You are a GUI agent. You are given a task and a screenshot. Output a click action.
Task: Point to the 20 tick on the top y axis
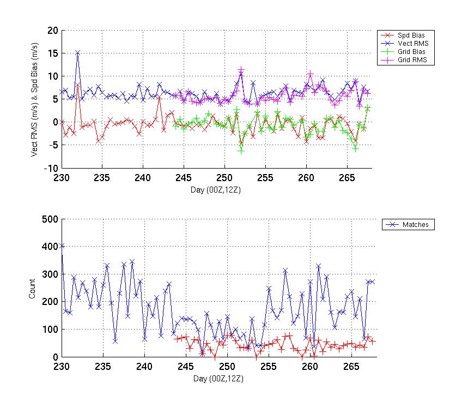coord(53,31)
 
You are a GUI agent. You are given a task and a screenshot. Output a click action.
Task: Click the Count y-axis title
coord(33,288)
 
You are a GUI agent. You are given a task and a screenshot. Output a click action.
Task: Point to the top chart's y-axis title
coord(34,99)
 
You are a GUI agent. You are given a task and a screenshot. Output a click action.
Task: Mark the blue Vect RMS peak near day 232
coord(78,53)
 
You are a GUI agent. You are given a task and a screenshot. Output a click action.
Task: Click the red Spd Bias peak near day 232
coord(78,85)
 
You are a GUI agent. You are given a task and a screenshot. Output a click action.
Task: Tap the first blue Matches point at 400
coord(62,246)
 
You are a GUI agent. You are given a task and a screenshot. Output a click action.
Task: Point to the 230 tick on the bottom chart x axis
coord(62,366)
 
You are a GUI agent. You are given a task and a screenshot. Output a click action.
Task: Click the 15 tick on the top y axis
coord(53,53)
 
